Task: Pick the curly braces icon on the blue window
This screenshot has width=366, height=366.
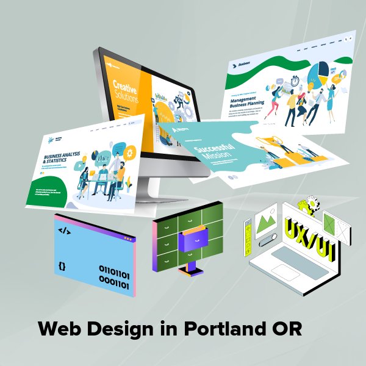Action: (x=62, y=266)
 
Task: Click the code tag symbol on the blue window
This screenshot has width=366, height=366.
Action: (x=63, y=230)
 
